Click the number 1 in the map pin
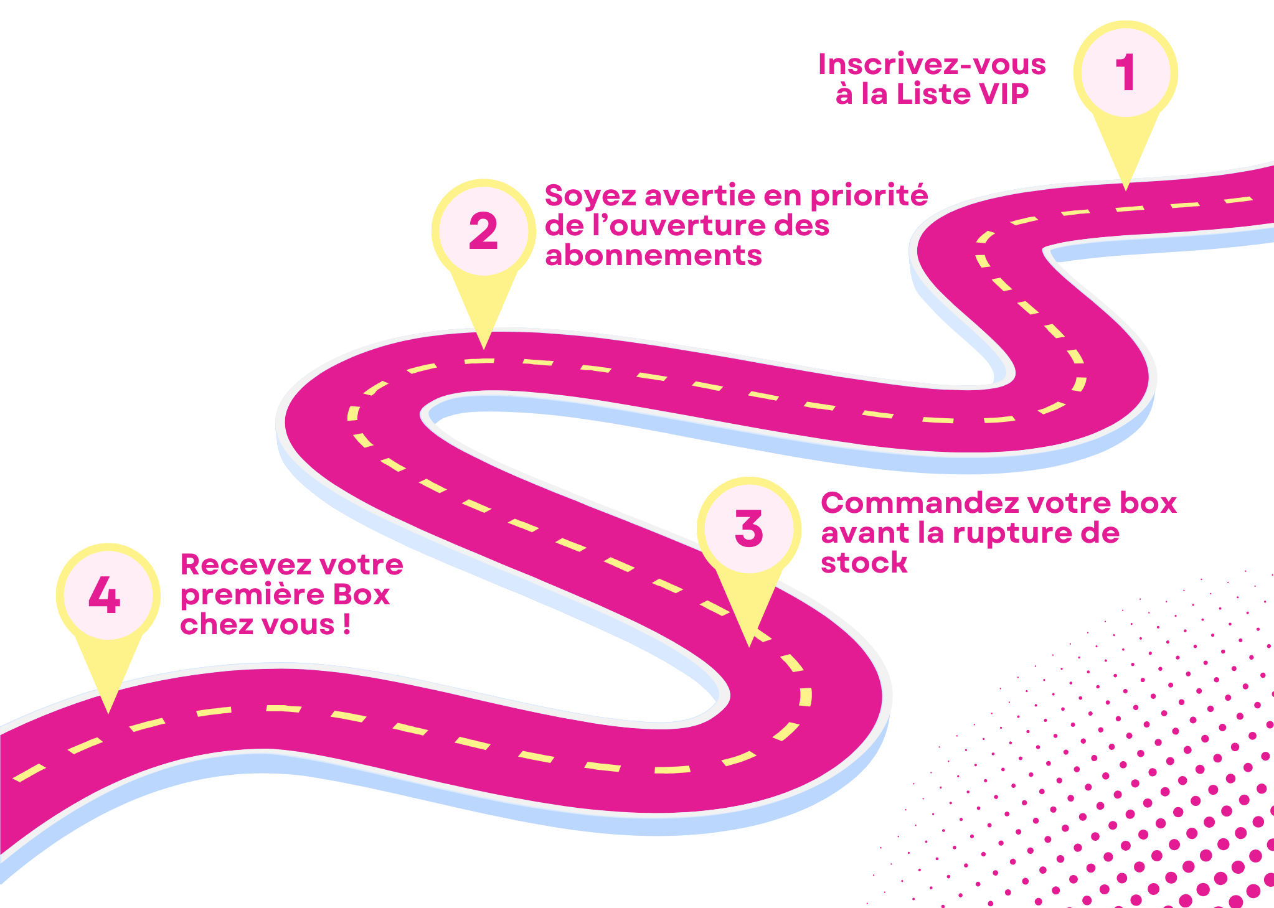[x=1125, y=72]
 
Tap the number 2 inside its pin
[x=483, y=232]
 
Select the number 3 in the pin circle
[x=748, y=529]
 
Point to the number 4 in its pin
[x=105, y=595]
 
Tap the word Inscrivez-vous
[x=932, y=65]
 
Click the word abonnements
[x=653, y=256]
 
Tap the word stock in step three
[x=864, y=563]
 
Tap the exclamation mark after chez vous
[x=346, y=625]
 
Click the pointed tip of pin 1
[x=1125, y=188]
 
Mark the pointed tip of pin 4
[x=108, y=710]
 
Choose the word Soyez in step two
[x=590, y=197]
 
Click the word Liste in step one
[x=933, y=95]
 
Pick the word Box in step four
[x=362, y=595]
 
